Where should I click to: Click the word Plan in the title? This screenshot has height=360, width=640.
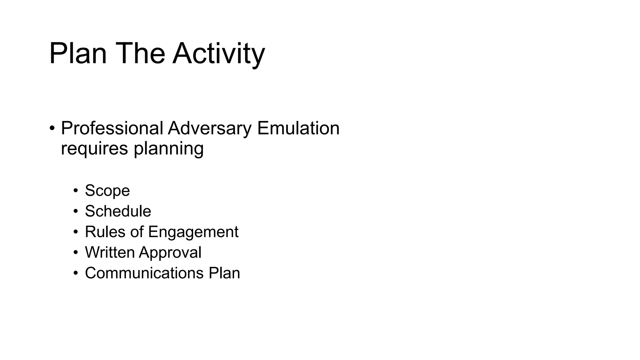point(78,54)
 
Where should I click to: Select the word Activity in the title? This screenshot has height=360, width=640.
point(219,54)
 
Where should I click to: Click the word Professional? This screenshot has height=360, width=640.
point(112,128)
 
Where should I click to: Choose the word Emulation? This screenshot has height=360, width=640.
point(298,128)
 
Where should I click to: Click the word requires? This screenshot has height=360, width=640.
point(94,148)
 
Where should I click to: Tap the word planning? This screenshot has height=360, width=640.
point(169,148)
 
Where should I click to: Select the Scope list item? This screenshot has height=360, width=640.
point(107,191)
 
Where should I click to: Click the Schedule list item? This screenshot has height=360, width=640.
point(118,211)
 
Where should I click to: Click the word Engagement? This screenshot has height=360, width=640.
point(193,232)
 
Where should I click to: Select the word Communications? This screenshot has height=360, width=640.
point(144,273)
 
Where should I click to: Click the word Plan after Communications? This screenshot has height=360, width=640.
point(224,273)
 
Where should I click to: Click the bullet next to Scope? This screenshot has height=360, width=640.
point(75,191)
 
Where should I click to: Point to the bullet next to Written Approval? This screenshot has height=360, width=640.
point(75,252)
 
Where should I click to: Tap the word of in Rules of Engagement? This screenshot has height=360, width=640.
point(137,232)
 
